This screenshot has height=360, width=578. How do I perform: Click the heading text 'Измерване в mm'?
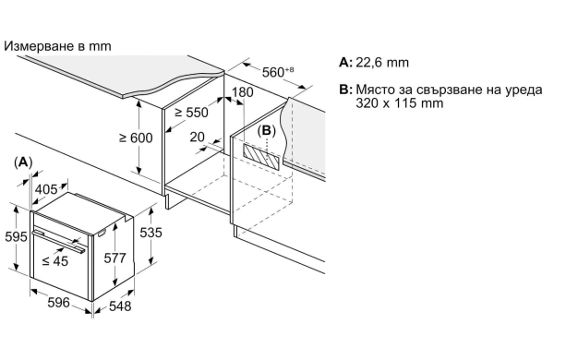coord(57,46)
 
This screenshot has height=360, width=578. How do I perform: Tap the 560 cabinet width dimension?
coord(278,72)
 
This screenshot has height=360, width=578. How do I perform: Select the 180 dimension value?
coord(243,92)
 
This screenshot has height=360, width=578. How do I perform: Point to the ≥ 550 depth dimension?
coord(191,113)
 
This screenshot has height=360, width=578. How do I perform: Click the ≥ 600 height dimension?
coord(136,138)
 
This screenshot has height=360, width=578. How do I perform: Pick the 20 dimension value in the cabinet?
coord(198,137)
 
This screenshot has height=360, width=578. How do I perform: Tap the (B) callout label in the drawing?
coord(267,130)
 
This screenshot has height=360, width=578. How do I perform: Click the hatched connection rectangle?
coord(262,156)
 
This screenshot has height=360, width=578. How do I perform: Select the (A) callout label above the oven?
coord(23,162)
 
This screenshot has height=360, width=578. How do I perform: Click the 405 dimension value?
coord(46,189)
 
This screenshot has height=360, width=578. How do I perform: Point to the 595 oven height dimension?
coord(16,236)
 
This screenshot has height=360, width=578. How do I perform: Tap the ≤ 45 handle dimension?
coord(54,261)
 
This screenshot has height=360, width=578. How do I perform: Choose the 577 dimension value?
coord(114,258)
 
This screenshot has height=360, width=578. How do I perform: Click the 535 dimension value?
coord(151,233)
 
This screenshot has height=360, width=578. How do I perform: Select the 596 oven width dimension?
coord(58,303)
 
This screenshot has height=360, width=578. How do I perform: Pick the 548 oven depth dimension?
coord(120,306)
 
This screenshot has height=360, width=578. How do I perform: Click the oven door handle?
coord(58,242)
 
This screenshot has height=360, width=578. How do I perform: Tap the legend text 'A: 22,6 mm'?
coord(374,63)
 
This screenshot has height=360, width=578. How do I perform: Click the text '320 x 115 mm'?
coord(400,102)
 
